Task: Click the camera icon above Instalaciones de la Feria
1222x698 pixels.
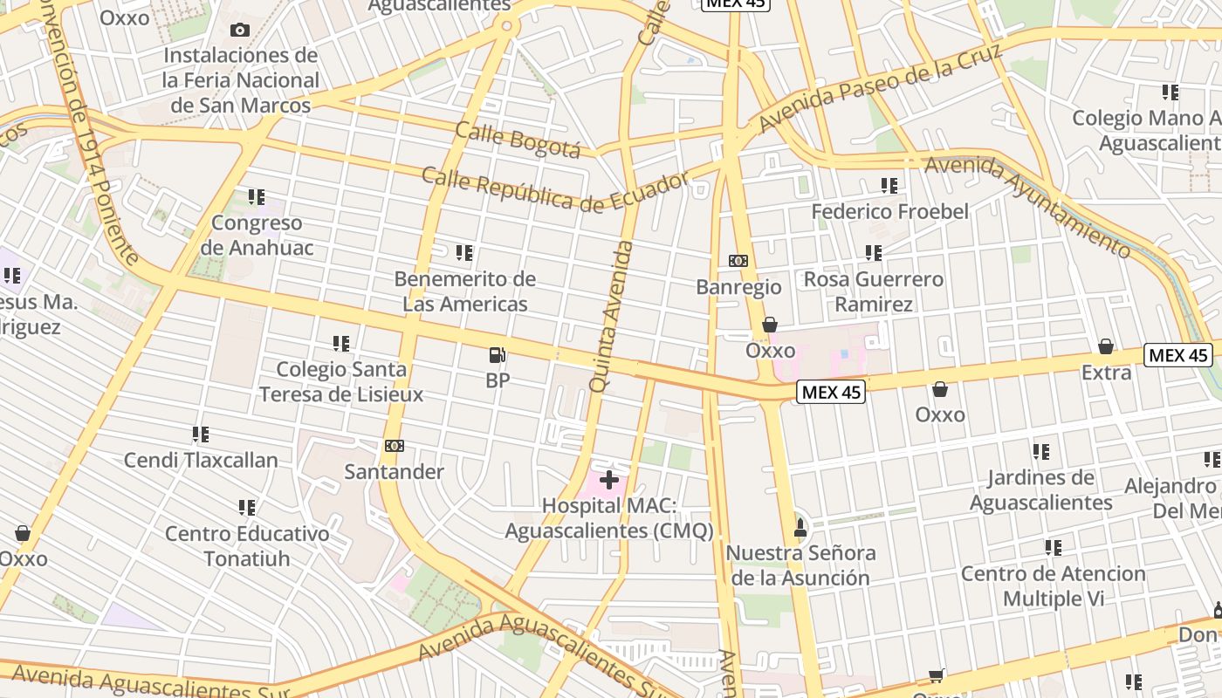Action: pos(240,31)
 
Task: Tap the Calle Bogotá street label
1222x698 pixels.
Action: pos(518,140)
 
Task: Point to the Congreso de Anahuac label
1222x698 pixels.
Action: pos(257,236)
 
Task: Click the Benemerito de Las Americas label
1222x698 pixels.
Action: pos(464,291)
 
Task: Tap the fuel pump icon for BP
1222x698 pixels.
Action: pos(498,355)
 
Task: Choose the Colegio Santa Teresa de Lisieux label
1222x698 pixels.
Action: pos(341,381)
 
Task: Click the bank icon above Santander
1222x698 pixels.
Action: pos(395,446)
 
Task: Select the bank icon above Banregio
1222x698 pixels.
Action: pos(738,261)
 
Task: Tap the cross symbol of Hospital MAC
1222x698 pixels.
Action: pos(609,480)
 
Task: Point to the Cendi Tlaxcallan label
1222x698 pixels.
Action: pos(201,460)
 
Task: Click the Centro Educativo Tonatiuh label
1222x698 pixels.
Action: pos(247,545)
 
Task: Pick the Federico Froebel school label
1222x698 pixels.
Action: pos(890,211)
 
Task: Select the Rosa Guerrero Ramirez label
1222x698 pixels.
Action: pos(874,291)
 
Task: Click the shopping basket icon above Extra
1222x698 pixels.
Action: pos(1106,347)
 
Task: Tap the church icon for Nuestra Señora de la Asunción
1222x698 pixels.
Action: pos(800,527)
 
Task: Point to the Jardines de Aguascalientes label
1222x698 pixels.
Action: pos(1040,489)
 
